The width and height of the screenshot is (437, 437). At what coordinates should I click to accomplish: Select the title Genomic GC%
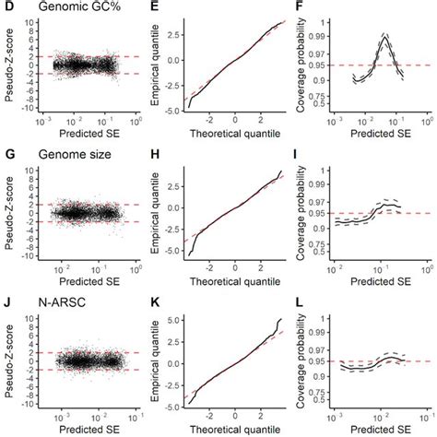pos(65,8)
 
